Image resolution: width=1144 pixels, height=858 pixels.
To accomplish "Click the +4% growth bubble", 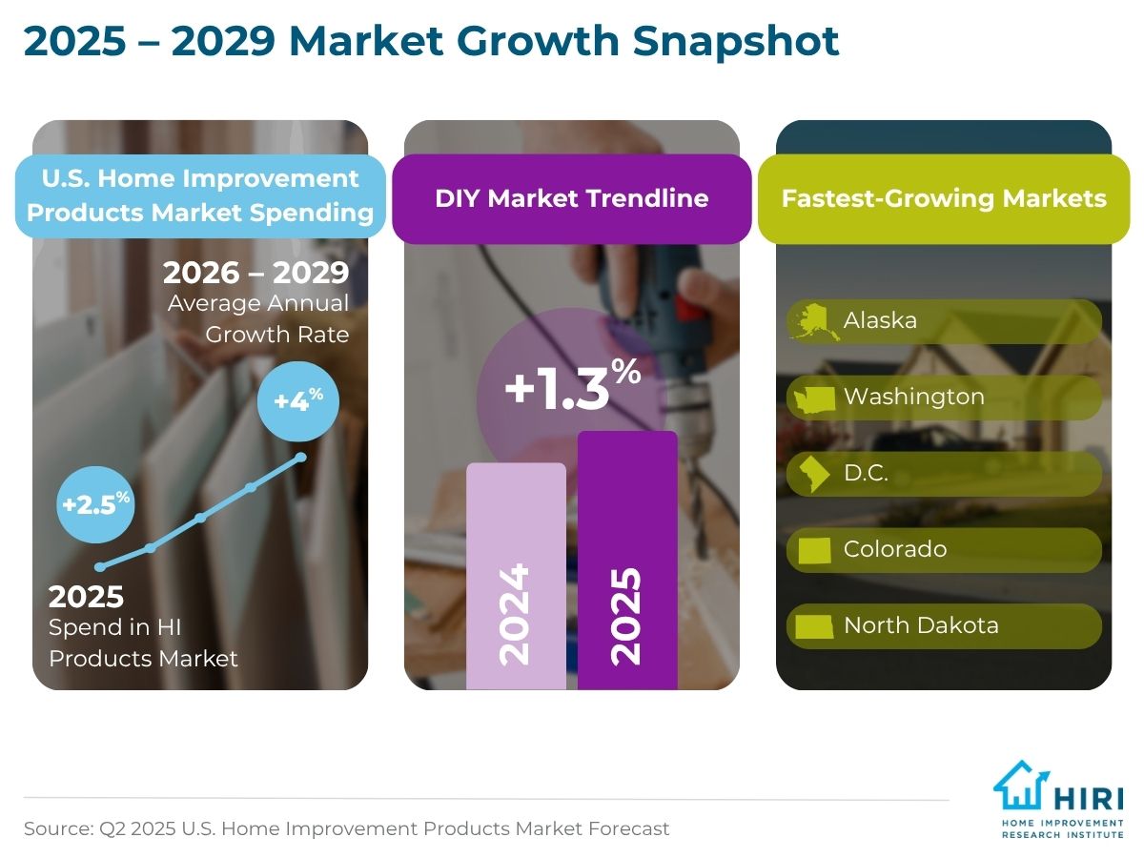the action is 298,401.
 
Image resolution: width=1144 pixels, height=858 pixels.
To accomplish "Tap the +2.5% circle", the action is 95,504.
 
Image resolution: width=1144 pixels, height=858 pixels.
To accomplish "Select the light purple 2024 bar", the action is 516,576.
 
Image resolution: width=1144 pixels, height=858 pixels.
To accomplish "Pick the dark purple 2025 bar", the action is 627,560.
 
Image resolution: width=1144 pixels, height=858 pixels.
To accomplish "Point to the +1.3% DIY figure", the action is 573,384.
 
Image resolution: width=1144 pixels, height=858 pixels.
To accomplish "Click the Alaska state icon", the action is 813,322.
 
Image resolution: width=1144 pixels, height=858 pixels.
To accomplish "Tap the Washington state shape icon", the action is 814,399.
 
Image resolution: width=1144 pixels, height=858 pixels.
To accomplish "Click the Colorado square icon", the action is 815,550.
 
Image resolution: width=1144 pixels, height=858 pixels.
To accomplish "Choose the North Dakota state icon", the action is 814,626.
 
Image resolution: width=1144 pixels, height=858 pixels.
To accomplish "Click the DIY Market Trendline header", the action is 572,198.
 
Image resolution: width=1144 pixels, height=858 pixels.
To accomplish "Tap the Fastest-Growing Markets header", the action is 944,198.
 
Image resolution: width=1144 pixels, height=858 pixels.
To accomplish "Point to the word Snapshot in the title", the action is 735,41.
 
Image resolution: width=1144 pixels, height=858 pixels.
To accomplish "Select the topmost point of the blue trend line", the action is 300,457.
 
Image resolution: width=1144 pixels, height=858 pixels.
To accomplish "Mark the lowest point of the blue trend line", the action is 99,567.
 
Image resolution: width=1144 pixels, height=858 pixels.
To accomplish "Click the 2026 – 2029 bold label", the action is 255,273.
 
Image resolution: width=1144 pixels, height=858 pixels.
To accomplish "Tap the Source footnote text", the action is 346,828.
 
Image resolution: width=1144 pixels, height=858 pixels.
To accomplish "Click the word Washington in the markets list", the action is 914,398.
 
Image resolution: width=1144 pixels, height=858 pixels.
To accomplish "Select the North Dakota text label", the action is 921,625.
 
